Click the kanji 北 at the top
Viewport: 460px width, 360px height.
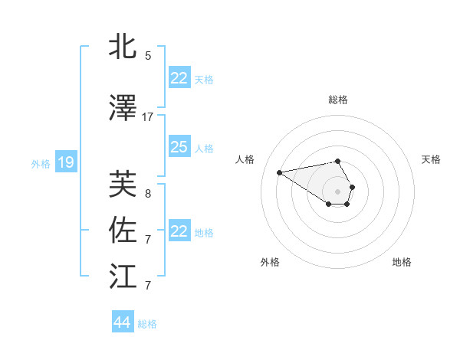coord(123,47)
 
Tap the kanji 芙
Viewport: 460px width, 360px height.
coord(123,184)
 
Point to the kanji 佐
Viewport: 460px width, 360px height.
coord(123,231)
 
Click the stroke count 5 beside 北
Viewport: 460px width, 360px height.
coord(148,55)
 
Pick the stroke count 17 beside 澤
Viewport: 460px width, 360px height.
coord(148,116)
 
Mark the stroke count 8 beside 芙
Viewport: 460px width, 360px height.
coord(148,193)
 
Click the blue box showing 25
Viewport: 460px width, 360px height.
coord(179,147)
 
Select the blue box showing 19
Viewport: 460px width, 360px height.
coord(66,162)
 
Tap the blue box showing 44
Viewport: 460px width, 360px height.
coord(122,322)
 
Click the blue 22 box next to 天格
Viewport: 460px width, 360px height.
coord(179,78)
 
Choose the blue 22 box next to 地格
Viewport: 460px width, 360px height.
coord(179,231)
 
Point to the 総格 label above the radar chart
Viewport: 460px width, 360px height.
coord(338,100)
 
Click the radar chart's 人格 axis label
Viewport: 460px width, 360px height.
coord(245,159)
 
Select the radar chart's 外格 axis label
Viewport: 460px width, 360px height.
coord(270,262)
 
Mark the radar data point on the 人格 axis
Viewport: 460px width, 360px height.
coord(280,172)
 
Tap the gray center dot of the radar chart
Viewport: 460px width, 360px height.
coord(338,191)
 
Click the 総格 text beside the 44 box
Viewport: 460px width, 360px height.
coord(147,324)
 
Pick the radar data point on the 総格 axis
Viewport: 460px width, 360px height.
coord(338,161)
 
